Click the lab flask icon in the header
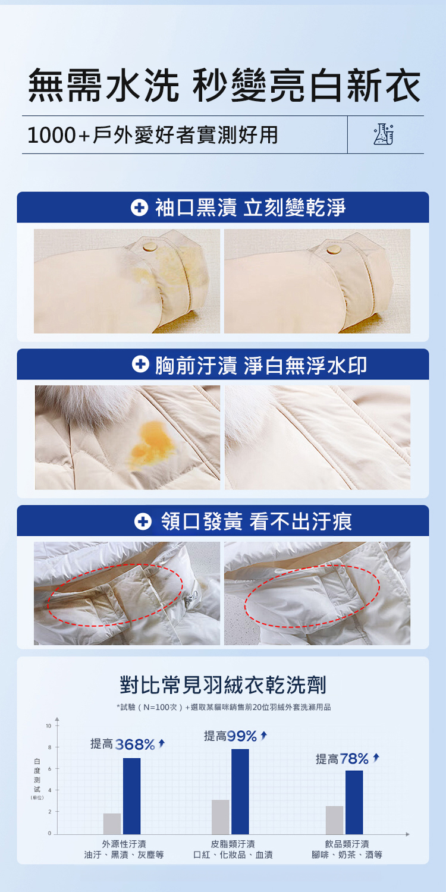384,134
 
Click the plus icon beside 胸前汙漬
140,365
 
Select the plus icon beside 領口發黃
143,522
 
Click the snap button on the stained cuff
150,247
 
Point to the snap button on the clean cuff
334,249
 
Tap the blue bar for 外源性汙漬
131,796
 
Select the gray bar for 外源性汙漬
112,824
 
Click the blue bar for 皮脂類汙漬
240,792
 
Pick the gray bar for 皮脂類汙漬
220,817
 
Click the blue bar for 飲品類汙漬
354,802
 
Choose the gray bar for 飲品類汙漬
334,820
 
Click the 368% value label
135,745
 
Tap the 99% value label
241,736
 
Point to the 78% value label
354,759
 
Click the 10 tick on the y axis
49,726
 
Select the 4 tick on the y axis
49,790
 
